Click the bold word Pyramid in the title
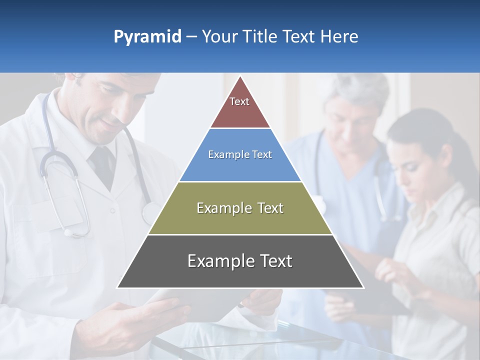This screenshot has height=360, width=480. pyautogui.click(x=147, y=37)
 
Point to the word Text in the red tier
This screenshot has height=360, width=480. pyautogui.click(x=239, y=101)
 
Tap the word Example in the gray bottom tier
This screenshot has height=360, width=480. pyautogui.click(x=218, y=261)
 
